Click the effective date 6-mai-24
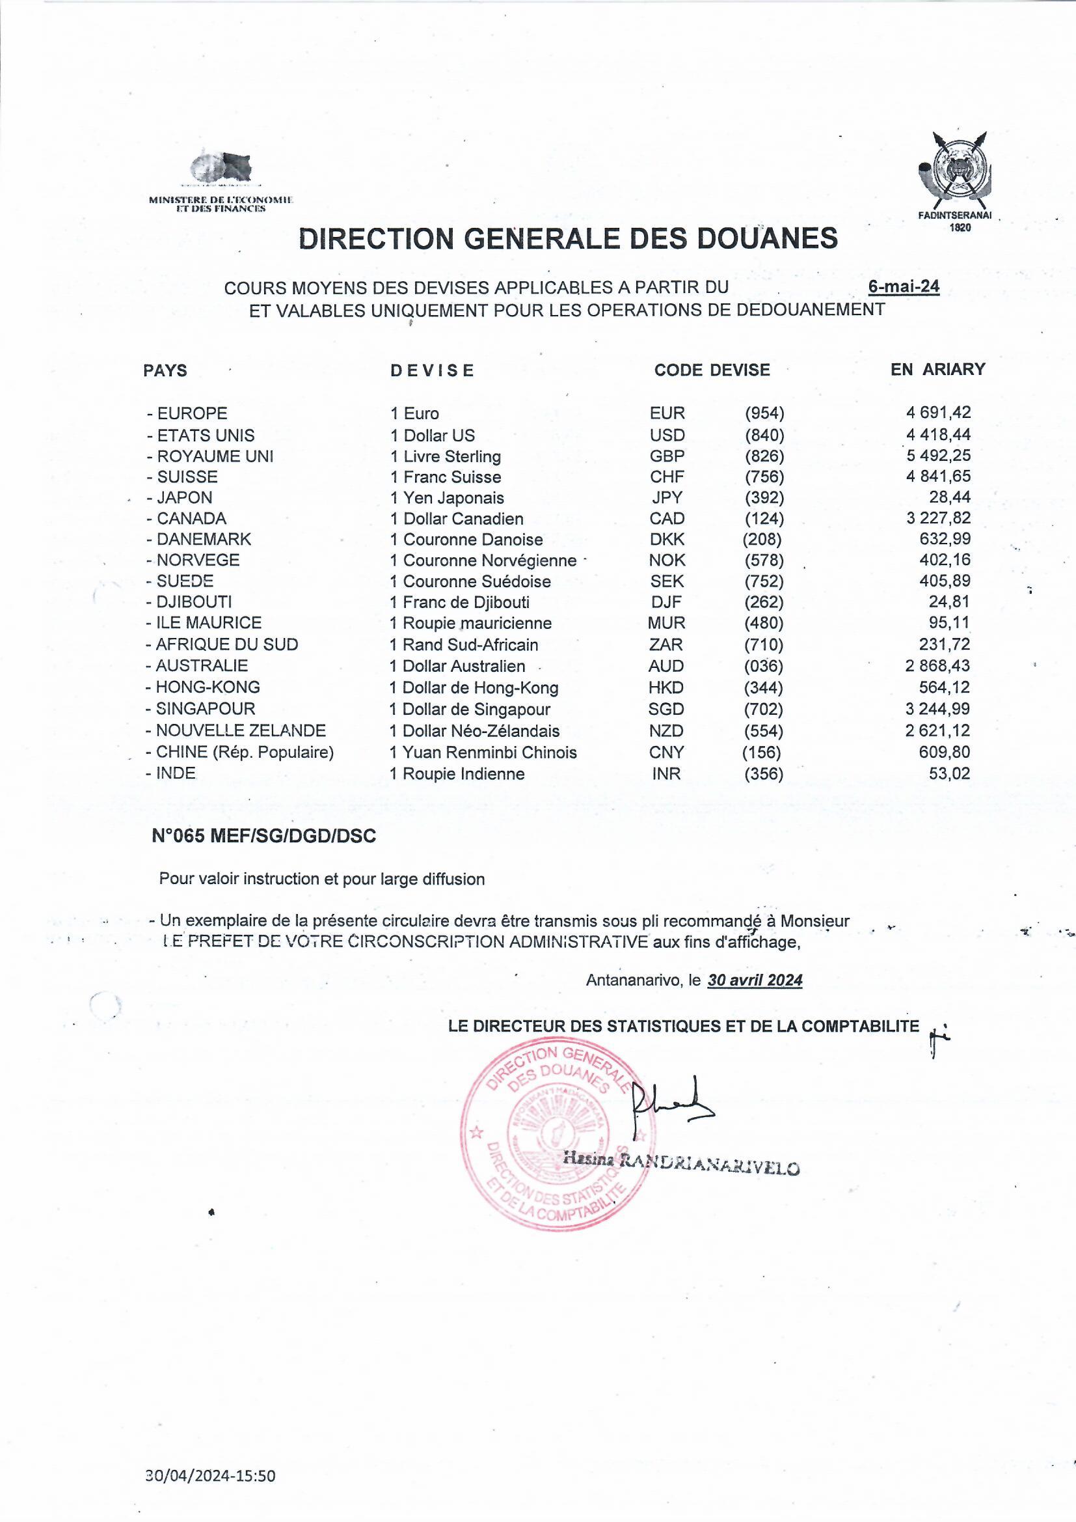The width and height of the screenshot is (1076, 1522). [x=903, y=287]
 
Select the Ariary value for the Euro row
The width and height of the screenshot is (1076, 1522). [x=938, y=412]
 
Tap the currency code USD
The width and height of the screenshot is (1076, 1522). [x=667, y=435]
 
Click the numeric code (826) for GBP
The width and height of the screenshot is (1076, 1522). [x=764, y=456]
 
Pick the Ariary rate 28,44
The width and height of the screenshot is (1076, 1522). [x=949, y=497]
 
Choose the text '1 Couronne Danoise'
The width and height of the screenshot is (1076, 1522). [x=466, y=540]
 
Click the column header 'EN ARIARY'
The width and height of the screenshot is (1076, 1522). [x=937, y=369]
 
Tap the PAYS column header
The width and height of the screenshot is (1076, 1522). [x=165, y=370]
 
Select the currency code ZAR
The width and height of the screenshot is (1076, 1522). [x=666, y=644]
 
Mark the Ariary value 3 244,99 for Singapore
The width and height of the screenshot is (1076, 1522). [x=937, y=709]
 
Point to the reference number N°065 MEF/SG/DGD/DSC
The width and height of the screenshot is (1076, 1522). [x=263, y=836]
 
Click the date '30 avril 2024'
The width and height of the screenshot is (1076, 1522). [x=755, y=980]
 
